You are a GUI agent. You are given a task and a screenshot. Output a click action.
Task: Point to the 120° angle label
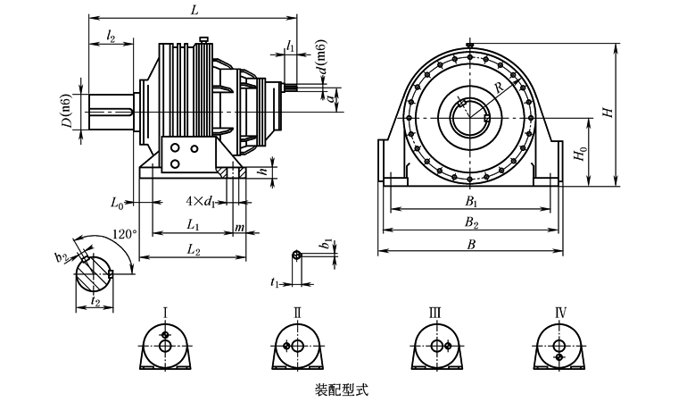[124, 233]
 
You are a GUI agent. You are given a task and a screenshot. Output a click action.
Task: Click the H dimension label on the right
[608, 113]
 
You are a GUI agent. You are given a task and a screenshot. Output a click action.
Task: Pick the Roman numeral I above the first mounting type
[166, 312]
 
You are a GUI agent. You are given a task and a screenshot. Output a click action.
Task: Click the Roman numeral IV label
[560, 312]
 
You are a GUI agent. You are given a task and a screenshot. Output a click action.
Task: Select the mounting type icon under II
[298, 347]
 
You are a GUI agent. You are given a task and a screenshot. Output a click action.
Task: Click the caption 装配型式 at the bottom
[342, 390]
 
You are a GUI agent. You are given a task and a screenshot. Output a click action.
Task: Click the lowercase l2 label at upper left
[110, 35]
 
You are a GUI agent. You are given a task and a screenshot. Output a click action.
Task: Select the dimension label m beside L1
[239, 228]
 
